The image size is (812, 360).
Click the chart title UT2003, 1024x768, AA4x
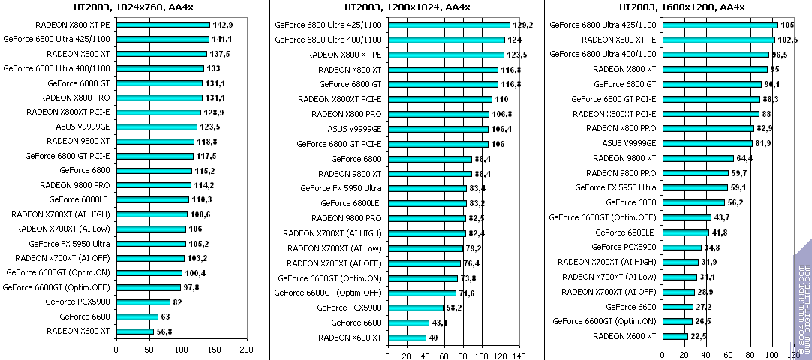(x=133, y=7)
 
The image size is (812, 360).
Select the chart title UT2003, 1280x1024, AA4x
(x=407, y=7)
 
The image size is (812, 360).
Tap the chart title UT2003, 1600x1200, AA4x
(x=681, y=7)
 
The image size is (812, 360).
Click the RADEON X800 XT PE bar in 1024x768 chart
(x=163, y=25)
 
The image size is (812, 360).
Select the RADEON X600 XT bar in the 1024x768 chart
(x=135, y=331)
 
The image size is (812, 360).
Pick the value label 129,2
(x=522, y=25)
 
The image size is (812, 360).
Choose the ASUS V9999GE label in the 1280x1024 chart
(x=354, y=129)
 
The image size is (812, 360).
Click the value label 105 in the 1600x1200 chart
(x=787, y=25)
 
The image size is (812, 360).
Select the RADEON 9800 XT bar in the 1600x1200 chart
(x=697, y=158)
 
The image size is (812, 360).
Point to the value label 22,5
(x=699, y=336)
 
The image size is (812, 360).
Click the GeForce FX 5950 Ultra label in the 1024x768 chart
(x=69, y=244)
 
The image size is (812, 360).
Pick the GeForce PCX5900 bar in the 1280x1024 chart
(x=415, y=307)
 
